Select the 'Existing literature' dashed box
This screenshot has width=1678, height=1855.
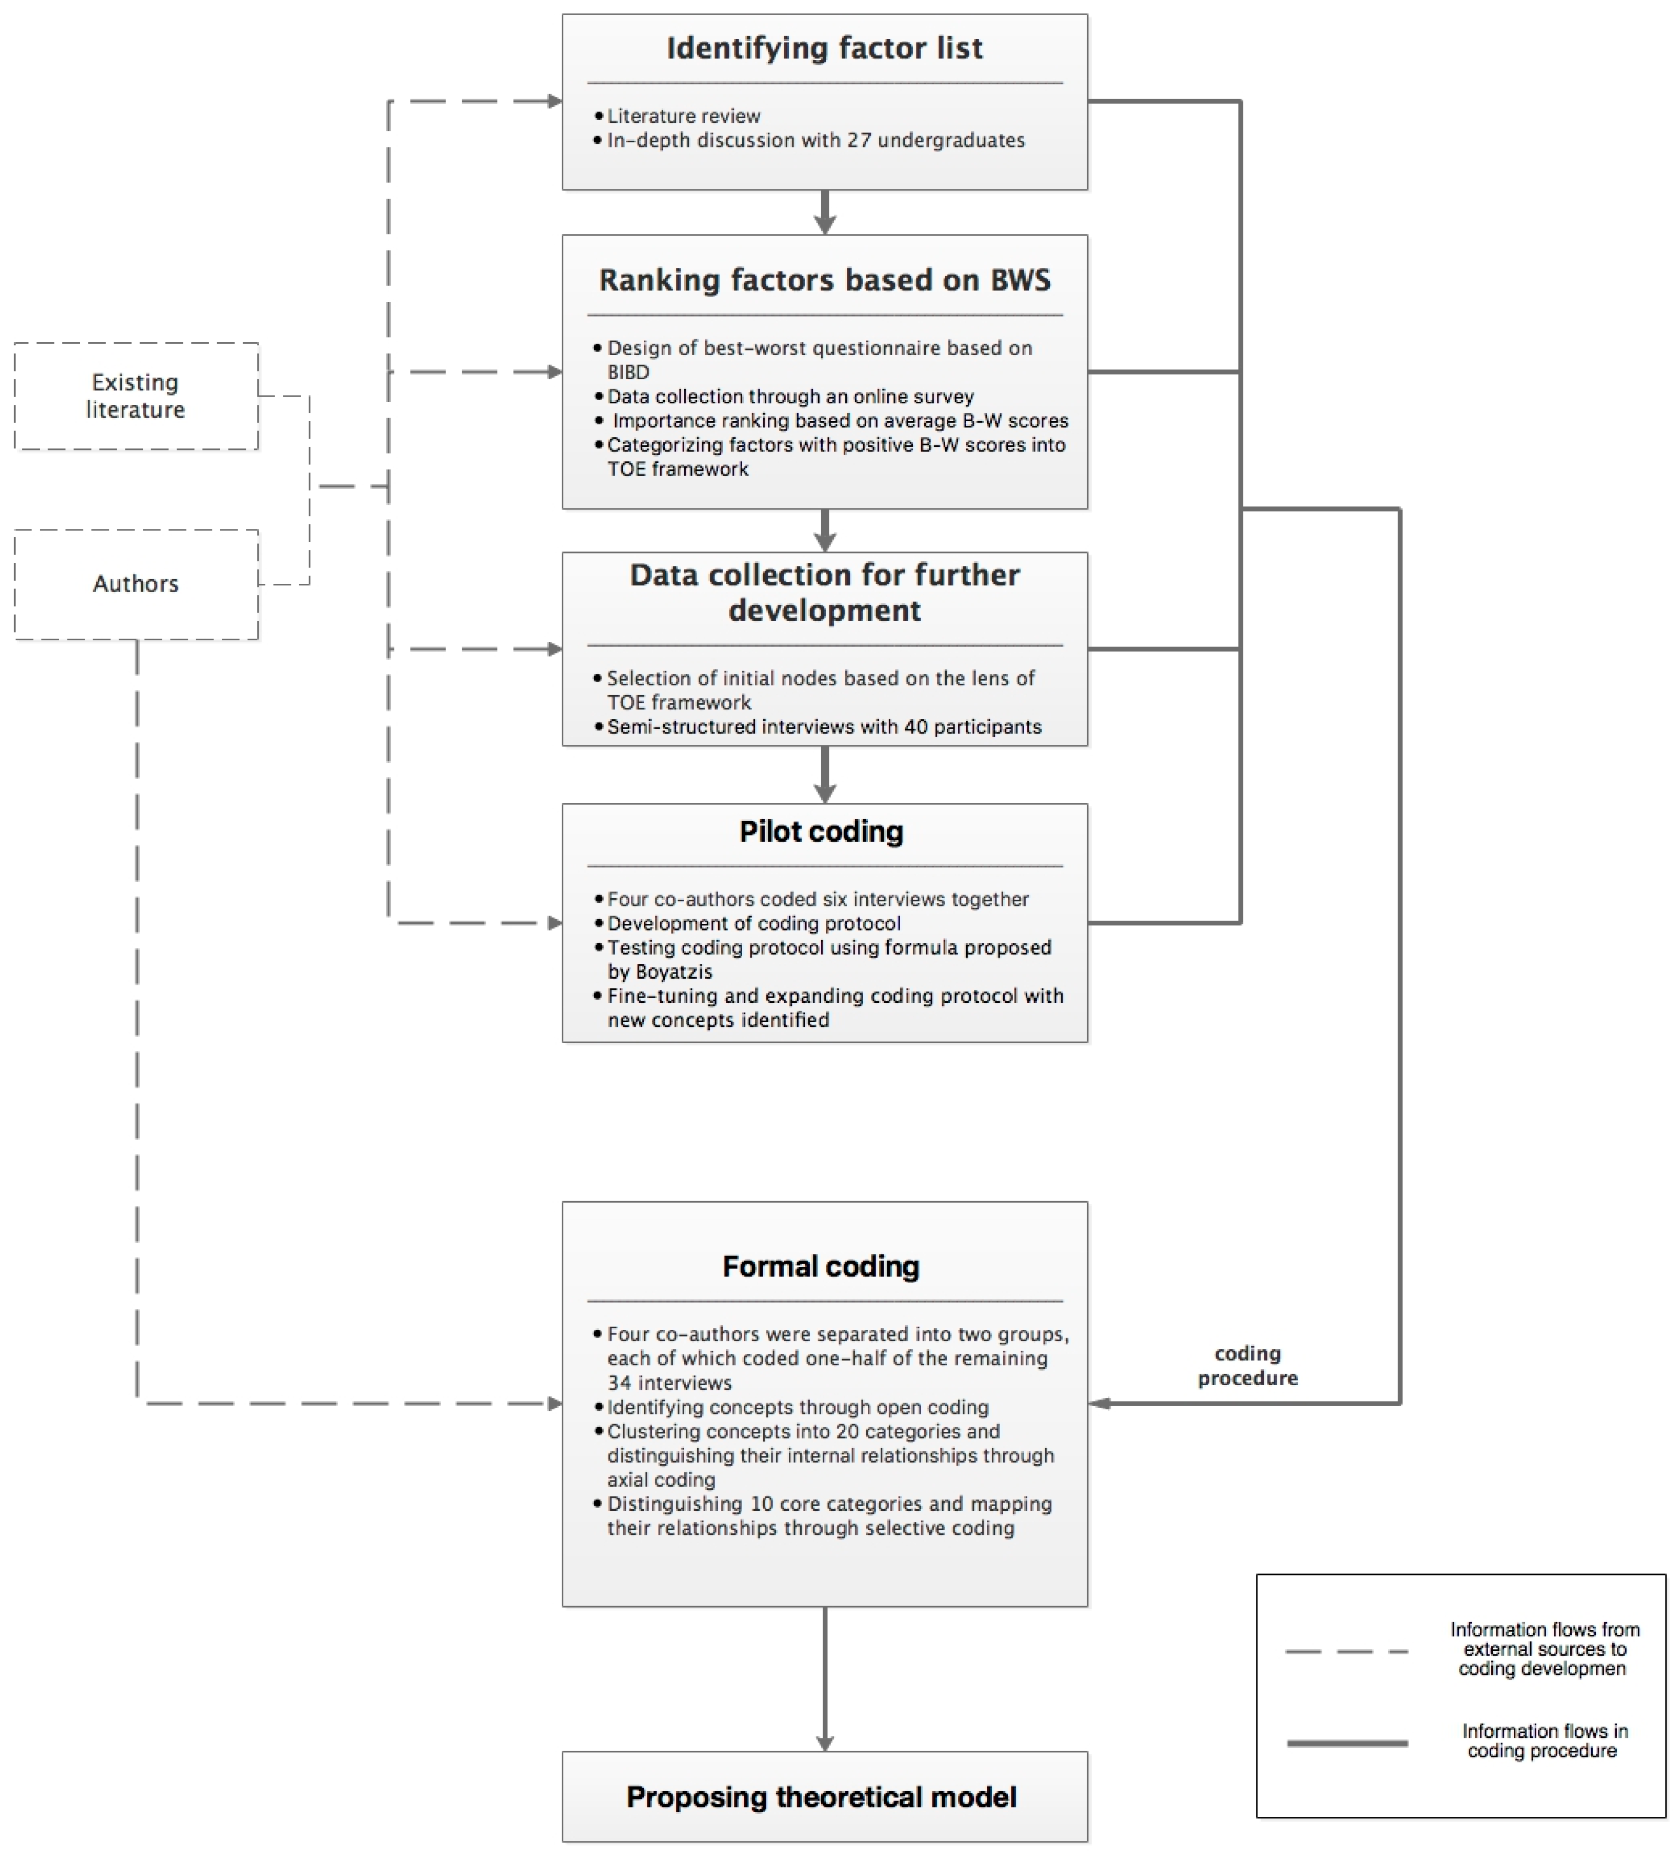[136, 395]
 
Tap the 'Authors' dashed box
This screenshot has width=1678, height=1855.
[136, 583]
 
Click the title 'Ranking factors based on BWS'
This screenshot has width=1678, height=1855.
[824, 280]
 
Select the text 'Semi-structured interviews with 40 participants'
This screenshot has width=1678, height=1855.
[823, 727]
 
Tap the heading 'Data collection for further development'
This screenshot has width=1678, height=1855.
[824, 593]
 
